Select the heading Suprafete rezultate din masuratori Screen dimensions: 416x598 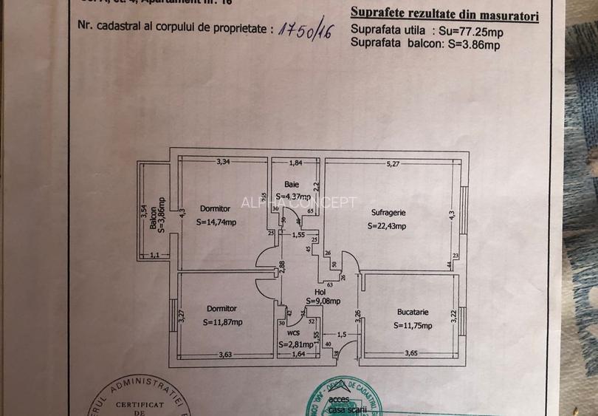click(x=444, y=15)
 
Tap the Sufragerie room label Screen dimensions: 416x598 click(x=389, y=212)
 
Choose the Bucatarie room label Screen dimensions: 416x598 click(x=410, y=312)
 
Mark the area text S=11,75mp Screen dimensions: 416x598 click(x=412, y=324)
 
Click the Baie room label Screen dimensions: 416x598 click(x=292, y=183)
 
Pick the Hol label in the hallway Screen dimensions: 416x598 click(x=320, y=292)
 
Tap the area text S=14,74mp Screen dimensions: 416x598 click(x=216, y=222)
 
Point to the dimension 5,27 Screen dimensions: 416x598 click(x=391, y=163)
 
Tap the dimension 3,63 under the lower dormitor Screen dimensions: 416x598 click(x=224, y=355)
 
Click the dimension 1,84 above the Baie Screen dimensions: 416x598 click(x=296, y=163)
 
